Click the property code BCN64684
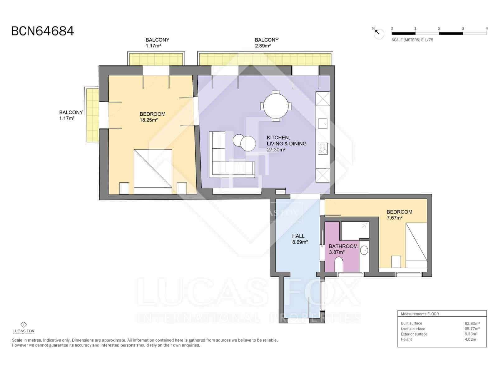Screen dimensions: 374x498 pyautogui.click(x=43, y=31)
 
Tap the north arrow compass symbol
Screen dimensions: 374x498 pyautogui.click(x=378, y=33)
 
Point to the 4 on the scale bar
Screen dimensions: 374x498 pyautogui.click(x=486, y=28)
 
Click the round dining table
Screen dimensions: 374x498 pyautogui.click(x=276, y=106)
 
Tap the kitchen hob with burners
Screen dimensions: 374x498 pyautogui.click(x=323, y=149)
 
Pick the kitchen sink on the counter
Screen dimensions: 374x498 pyautogui.click(x=322, y=124)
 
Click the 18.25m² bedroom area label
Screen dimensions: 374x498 pyautogui.click(x=148, y=120)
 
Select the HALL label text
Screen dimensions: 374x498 pyautogui.click(x=298, y=236)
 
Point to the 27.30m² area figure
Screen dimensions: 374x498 pyautogui.click(x=276, y=150)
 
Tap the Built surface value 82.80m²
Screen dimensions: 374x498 pyautogui.click(x=472, y=324)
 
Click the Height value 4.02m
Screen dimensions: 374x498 pyautogui.click(x=470, y=339)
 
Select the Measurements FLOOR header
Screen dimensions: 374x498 pyautogui.click(x=420, y=314)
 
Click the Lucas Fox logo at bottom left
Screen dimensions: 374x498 pyautogui.click(x=23, y=328)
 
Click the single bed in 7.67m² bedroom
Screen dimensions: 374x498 pyautogui.click(x=416, y=246)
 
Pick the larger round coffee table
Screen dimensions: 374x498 pyautogui.click(x=248, y=144)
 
